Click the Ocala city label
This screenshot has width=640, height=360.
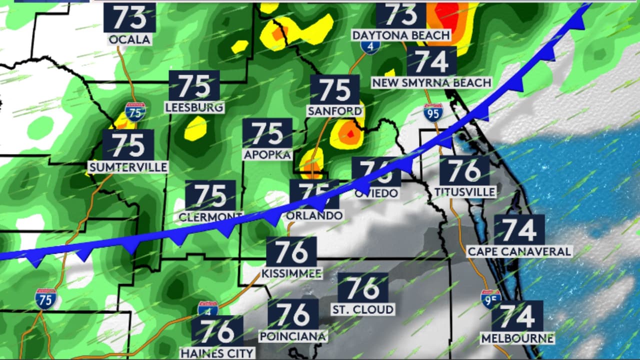[x=129, y=39]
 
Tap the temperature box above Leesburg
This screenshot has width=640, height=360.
[x=194, y=86]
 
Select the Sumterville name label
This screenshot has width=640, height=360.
[x=127, y=167]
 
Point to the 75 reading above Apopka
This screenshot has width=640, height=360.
[x=267, y=133]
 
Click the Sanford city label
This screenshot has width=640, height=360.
[x=334, y=111]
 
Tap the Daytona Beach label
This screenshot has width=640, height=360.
[x=401, y=35]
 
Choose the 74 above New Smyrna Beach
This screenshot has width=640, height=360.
[x=431, y=61]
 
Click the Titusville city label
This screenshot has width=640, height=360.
[x=465, y=191]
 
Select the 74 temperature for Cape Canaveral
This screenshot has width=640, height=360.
[x=519, y=230]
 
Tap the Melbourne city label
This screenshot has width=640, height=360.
[x=517, y=338]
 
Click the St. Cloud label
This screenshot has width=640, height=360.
[x=362, y=309]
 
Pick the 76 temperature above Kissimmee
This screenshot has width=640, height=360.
[x=291, y=252]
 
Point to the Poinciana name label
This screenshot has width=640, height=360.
[x=293, y=336]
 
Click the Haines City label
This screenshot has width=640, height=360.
[x=217, y=352]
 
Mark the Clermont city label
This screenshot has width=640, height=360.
[x=210, y=216]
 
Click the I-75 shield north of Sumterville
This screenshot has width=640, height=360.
[x=135, y=111]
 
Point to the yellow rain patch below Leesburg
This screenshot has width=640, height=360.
[x=195, y=128]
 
